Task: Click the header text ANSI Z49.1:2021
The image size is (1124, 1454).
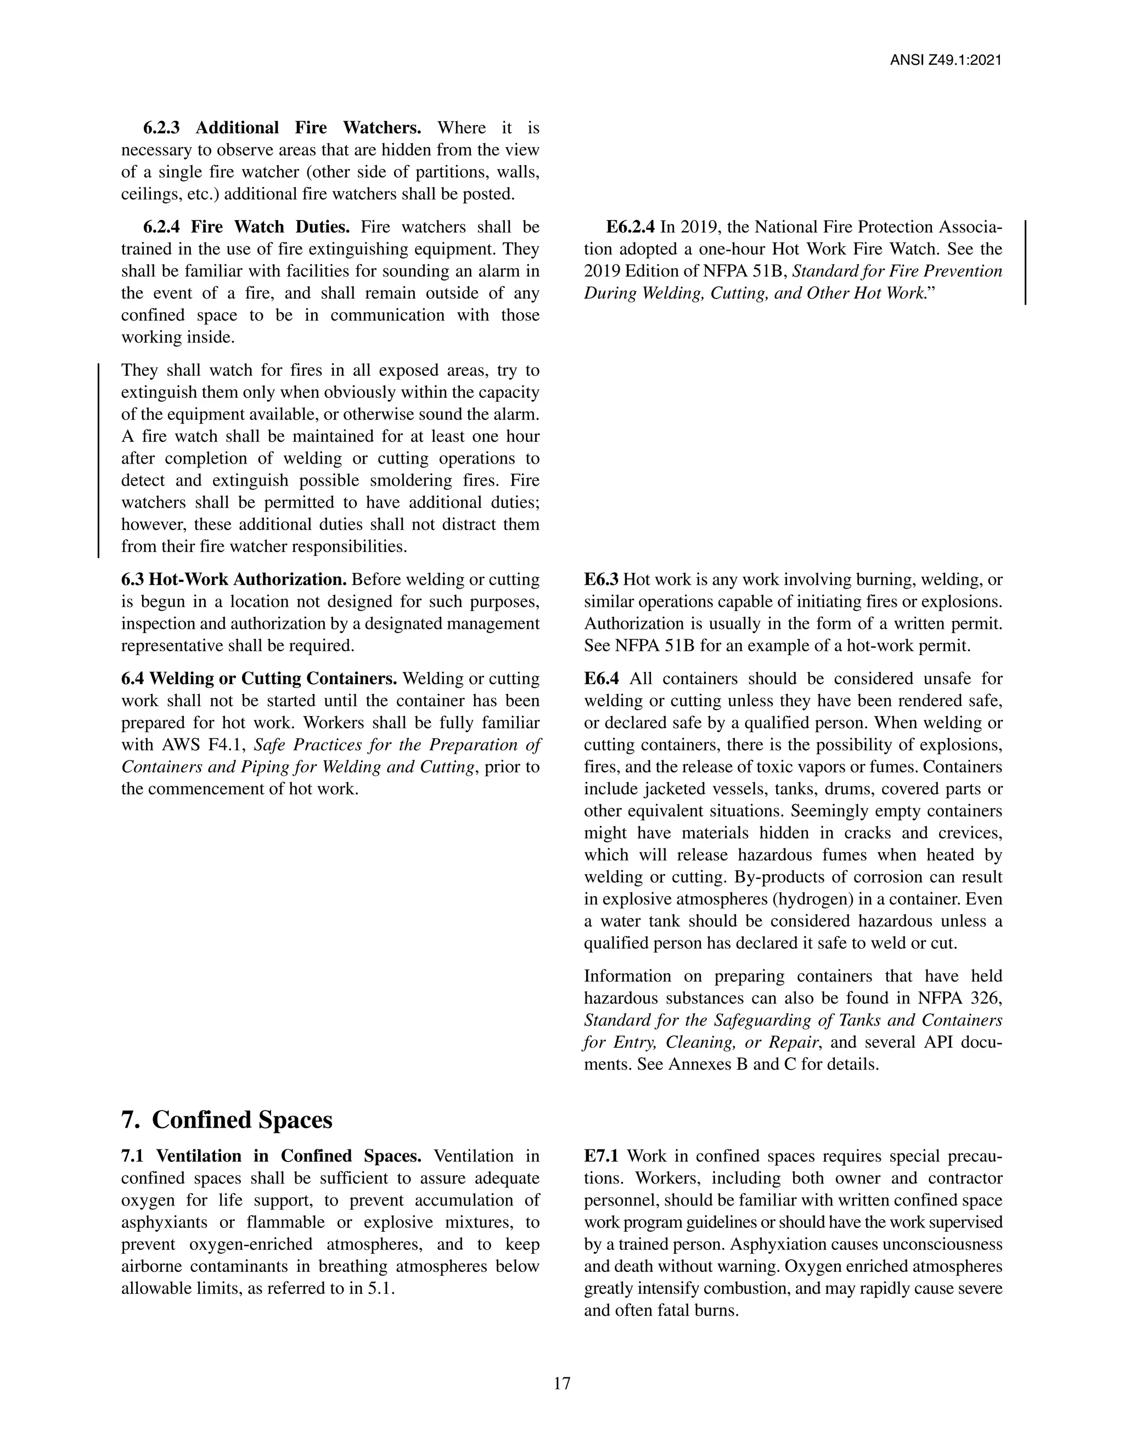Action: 946,60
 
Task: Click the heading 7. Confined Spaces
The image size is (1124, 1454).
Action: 227,1120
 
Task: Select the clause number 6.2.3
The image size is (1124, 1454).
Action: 161,128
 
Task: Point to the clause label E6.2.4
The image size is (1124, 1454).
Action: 630,228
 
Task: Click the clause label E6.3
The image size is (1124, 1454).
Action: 600,580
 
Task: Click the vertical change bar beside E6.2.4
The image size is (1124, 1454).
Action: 1025,262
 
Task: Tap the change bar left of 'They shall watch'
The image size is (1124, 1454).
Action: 99,459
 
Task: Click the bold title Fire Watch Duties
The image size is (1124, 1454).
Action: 269,228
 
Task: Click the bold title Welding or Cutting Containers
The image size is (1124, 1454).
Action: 273,679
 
